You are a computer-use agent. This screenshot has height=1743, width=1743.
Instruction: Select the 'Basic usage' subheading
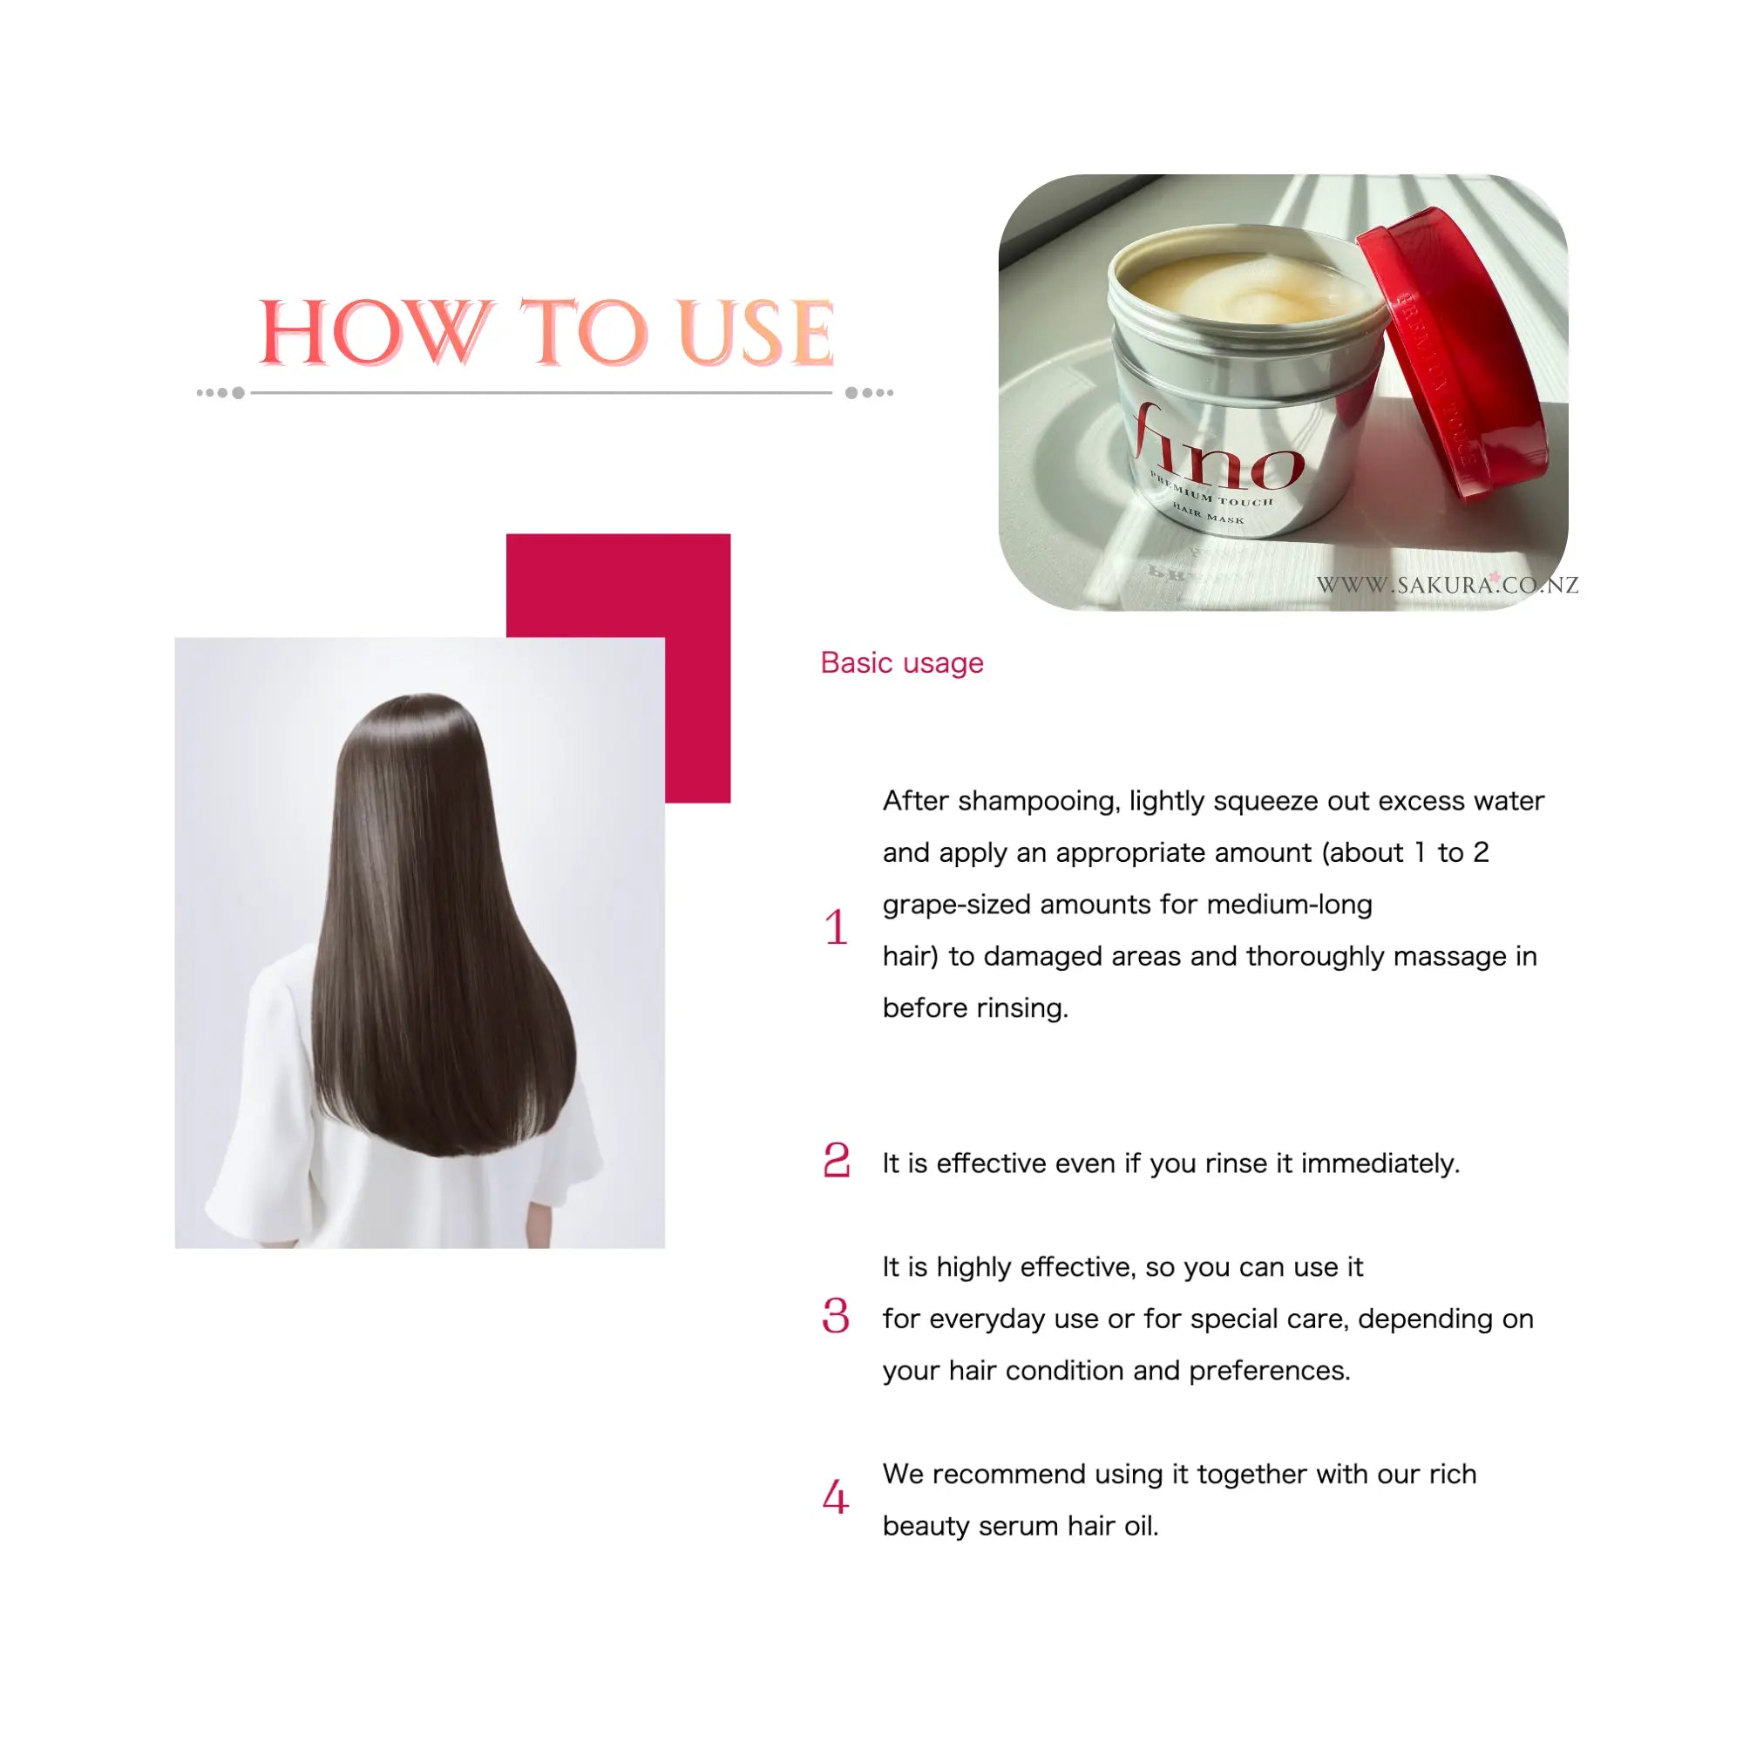pyautogui.click(x=901, y=663)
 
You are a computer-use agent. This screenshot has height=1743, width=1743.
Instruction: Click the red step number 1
pyautogui.click(x=837, y=927)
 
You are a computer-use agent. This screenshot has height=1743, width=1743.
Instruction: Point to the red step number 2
pyautogui.click(x=837, y=1160)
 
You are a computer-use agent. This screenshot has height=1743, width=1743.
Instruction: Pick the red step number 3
pyautogui.click(x=837, y=1316)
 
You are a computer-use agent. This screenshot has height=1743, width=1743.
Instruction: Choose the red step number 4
pyautogui.click(x=837, y=1497)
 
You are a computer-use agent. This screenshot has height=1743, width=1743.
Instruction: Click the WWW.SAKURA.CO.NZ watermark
pyautogui.click(x=1447, y=586)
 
